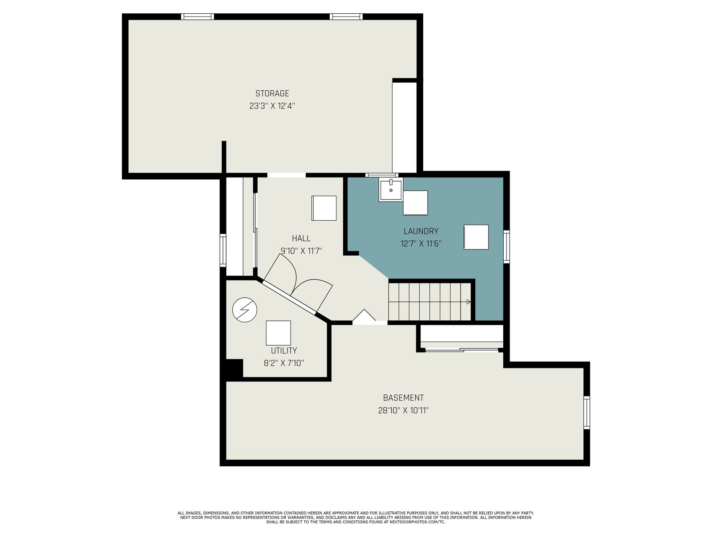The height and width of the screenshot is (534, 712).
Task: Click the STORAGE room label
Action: point(272,93)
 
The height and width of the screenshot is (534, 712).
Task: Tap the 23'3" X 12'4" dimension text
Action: point(272,106)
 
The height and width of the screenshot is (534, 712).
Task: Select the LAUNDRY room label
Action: point(421,231)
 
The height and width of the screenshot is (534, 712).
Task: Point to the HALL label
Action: point(301,239)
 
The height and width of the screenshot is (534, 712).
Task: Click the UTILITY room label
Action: point(284,351)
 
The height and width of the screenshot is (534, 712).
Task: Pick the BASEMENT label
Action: point(403,398)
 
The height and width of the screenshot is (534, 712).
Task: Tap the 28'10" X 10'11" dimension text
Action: point(403,410)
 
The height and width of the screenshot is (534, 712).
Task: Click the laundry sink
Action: point(391,190)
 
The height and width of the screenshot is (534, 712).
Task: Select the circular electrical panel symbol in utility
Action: point(245,310)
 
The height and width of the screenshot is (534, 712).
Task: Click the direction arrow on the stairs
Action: point(469,302)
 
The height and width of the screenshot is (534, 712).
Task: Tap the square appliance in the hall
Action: point(324,208)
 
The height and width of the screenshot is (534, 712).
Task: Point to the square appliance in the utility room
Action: point(278,333)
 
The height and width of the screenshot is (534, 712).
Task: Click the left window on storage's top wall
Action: point(197,16)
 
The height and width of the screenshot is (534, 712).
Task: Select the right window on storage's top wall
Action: point(346,16)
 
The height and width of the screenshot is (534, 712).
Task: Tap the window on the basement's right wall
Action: point(587,413)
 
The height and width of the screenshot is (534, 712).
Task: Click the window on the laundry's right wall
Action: point(506,247)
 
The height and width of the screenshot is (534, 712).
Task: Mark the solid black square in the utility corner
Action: point(234,368)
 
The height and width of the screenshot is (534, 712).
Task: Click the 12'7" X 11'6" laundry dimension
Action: point(421,244)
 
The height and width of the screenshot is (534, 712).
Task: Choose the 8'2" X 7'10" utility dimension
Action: point(284,363)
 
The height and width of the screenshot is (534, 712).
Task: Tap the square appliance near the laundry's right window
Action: point(476,237)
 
